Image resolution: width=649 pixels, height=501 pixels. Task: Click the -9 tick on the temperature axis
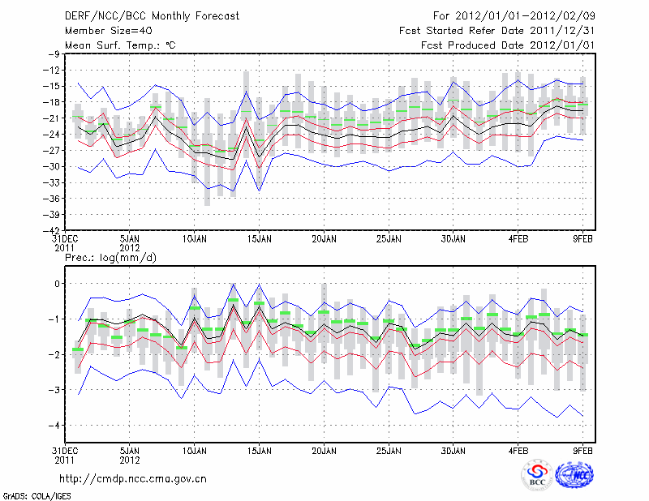(54, 54)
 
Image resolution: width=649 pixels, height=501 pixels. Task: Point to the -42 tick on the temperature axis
(51, 231)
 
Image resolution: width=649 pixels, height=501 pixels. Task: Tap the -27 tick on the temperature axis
(51, 150)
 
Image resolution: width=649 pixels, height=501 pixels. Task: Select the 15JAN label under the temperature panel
(258, 240)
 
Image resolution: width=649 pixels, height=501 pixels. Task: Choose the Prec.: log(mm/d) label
(110, 257)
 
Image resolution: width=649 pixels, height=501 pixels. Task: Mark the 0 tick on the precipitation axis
(56, 283)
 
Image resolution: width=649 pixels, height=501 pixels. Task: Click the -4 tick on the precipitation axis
(54, 426)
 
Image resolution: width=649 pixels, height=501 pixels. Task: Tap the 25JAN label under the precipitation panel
(388, 449)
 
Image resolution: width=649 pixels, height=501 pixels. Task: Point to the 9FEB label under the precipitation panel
(582, 449)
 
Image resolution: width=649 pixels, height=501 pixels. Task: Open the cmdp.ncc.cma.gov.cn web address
(133, 478)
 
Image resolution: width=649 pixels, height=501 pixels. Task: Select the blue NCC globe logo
(574, 477)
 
